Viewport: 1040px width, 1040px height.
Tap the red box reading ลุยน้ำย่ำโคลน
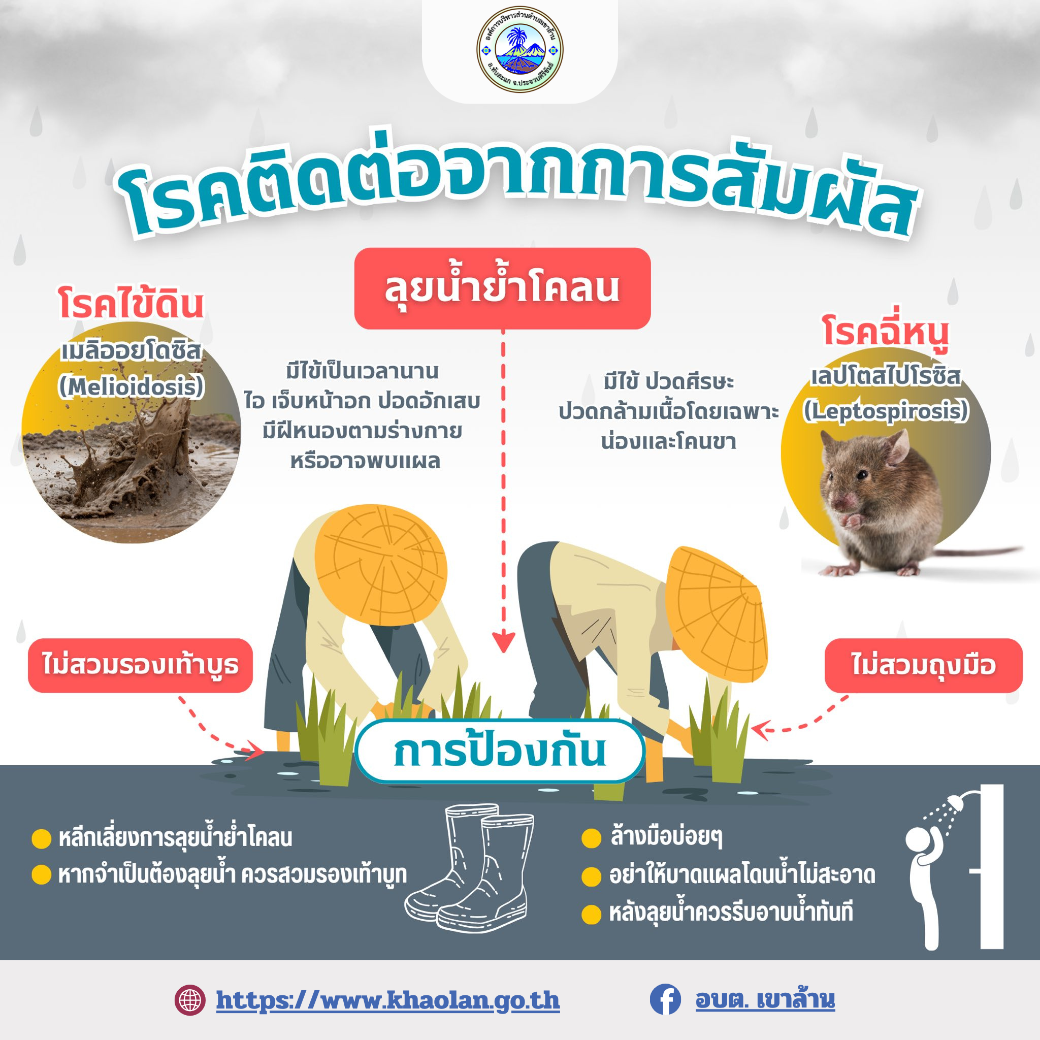point(502,288)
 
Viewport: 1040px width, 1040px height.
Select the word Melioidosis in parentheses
point(132,386)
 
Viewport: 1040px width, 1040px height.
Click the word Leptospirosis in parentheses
point(886,411)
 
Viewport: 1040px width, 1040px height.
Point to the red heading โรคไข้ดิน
point(132,304)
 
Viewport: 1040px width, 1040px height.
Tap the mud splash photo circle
point(132,433)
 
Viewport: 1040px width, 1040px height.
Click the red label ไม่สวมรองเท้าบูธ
point(140,665)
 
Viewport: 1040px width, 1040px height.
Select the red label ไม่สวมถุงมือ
point(923,665)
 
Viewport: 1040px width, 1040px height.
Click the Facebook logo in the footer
point(665,999)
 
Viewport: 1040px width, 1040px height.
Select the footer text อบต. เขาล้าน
point(765,999)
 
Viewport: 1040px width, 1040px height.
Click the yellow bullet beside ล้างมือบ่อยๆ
point(591,838)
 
